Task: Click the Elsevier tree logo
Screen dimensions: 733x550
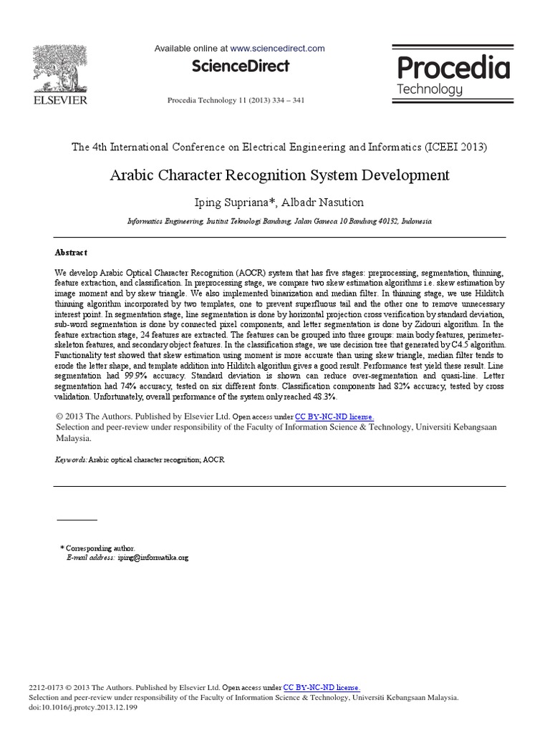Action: [x=59, y=66]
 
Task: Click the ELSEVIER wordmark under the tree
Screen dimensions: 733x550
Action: [x=59, y=100]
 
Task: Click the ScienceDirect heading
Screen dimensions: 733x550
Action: [x=240, y=67]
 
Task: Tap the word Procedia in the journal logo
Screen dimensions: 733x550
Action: [x=453, y=69]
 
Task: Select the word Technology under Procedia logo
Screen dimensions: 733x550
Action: [x=430, y=89]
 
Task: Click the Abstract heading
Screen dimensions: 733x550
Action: [x=71, y=253]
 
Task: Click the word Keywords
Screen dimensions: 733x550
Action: [x=71, y=459]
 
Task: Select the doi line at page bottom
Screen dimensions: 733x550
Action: [x=82, y=707]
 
